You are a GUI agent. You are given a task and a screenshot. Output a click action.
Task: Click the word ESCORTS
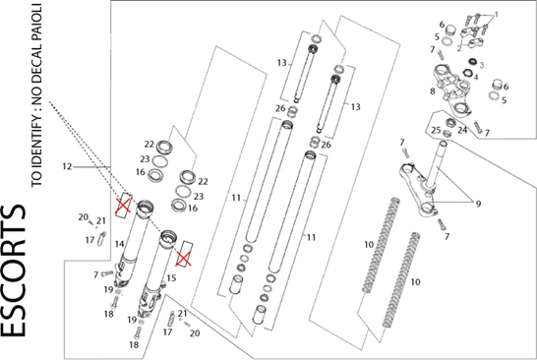(14, 270)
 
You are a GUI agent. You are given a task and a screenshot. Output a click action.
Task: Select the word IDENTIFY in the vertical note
(36, 134)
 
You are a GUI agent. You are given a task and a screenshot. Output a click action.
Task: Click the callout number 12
(67, 167)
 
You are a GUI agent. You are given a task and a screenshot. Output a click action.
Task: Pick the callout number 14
(119, 244)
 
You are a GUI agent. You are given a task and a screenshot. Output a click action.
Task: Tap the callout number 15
(171, 277)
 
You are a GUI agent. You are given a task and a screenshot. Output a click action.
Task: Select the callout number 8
(433, 91)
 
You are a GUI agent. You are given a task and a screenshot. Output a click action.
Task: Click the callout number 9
(478, 204)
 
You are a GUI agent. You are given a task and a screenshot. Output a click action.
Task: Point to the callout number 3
(481, 65)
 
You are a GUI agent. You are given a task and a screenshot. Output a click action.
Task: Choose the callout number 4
(476, 77)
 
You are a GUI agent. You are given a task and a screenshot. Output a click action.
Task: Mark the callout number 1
(497, 15)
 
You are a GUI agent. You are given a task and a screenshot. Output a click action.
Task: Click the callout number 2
(459, 48)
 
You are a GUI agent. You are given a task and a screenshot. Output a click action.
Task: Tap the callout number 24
(462, 130)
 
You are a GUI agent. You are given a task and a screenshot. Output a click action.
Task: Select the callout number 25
(436, 130)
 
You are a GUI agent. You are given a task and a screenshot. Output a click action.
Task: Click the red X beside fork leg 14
(123, 206)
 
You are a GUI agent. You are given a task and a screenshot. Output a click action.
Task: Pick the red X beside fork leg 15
(183, 259)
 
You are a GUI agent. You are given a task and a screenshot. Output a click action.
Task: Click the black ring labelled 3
(473, 62)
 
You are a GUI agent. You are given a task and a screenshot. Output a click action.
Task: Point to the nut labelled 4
(466, 73)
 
